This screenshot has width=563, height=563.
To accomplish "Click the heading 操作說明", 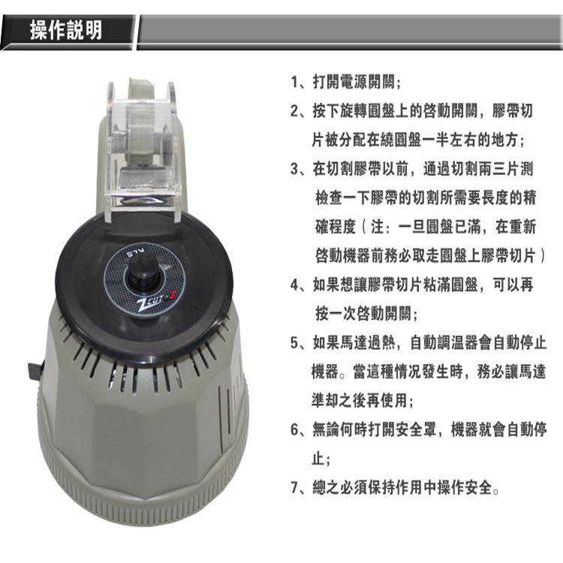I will (x=66, y=32).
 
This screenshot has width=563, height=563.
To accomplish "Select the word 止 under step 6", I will (x=318, y=458).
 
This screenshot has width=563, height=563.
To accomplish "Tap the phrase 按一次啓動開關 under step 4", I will (x=363, y=314).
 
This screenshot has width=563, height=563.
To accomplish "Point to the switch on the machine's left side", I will (x=34, y=372).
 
